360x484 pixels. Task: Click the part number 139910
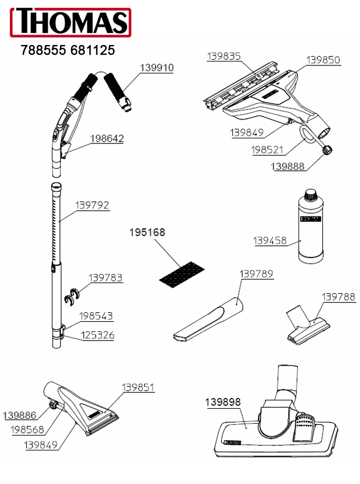point(157,67)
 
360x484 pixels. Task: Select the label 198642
point(107,138)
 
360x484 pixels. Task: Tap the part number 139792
point(92,205)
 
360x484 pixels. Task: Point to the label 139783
point(105,278)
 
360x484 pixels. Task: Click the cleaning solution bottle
point(310,227)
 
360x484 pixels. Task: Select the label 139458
point(270,241)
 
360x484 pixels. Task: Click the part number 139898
point(223,401)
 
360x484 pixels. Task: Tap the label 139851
point(138,387)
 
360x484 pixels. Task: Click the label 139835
point(224,56)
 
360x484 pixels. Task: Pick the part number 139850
point(323,60)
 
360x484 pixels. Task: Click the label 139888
point(288,166)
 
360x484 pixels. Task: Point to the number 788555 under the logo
point(43,51)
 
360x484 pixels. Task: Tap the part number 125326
point(97,335)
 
